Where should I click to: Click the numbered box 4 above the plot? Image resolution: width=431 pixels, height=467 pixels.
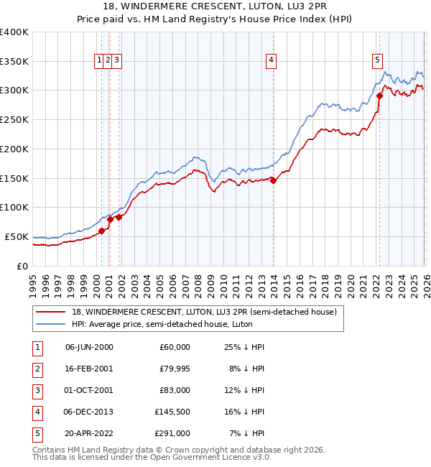[x=271, y=61]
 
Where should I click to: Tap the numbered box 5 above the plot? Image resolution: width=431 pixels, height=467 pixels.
[x=377, y=61]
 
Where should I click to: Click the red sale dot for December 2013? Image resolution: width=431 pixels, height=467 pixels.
[x=273, y=180]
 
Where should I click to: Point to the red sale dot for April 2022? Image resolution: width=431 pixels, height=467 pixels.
[x=379, y=95]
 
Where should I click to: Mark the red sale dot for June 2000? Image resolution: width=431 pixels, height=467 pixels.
[x=101, y=231]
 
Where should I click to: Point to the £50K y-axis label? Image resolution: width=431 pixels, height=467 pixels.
[x=17, y=236]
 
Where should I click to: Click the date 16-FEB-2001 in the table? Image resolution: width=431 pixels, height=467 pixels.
[x=89, y=369]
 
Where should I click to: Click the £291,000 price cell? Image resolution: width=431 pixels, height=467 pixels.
[x=172, y=433]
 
